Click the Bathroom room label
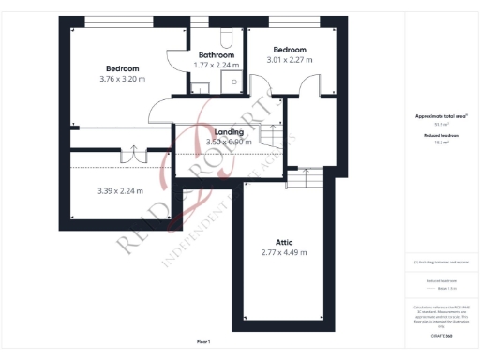217,54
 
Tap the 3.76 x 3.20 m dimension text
123,79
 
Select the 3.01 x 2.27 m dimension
290,60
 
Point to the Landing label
230,132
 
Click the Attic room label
283,242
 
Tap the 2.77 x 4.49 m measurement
283,252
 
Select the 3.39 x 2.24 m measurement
120,191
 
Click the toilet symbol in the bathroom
224,37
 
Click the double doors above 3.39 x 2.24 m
133,153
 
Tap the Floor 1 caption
203,341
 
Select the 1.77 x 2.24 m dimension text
217,65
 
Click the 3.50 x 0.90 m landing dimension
230,142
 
